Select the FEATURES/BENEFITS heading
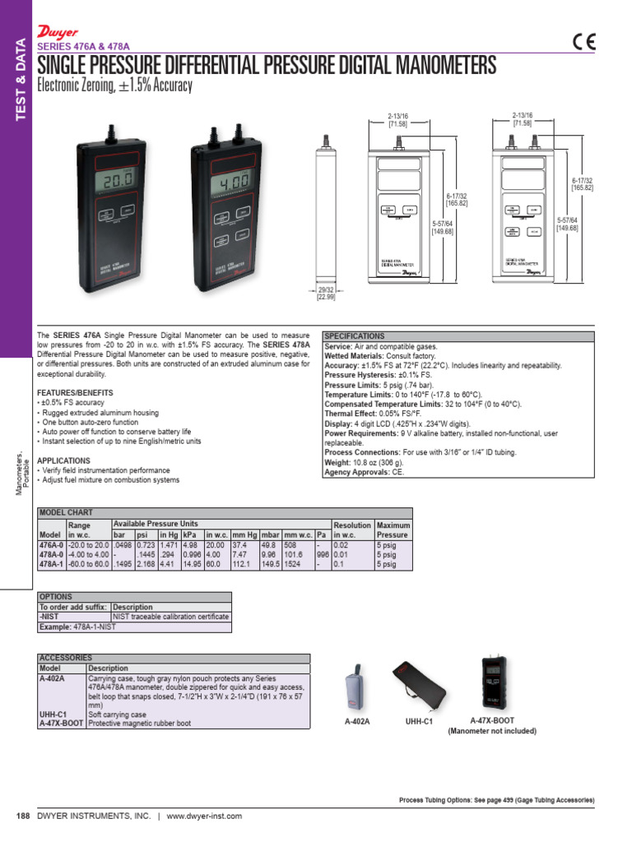point(76,393)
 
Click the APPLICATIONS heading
point(64,460)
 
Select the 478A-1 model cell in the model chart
point(51,565)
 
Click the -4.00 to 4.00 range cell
point(88,554)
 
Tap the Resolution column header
point(351,525)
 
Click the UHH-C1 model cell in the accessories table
point(53,715)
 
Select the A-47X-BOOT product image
point(492,682)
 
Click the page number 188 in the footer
point(23,816)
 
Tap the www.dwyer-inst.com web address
point(204,816)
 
